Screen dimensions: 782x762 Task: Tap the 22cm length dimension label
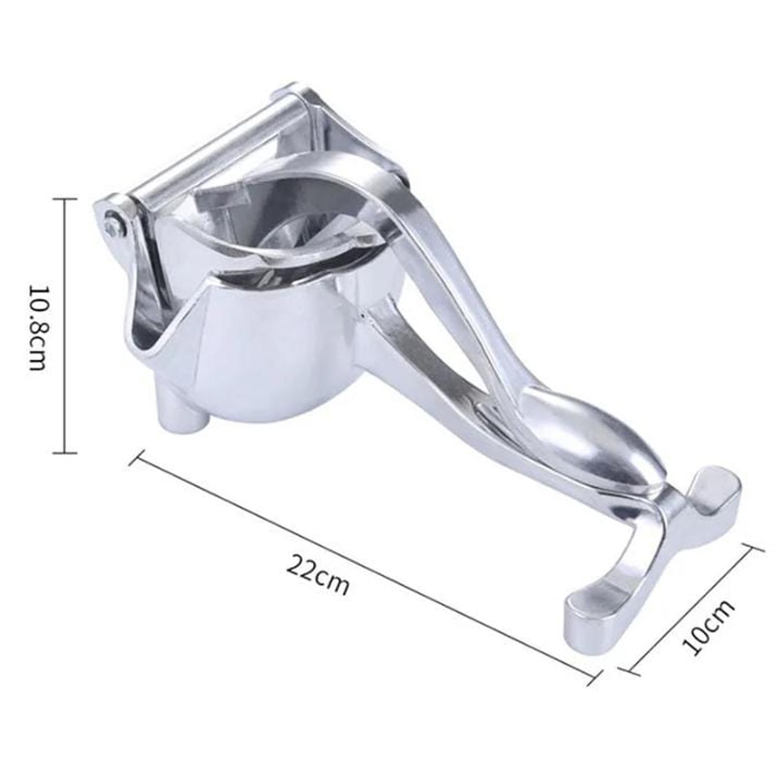318,575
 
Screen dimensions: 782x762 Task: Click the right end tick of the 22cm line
593,678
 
